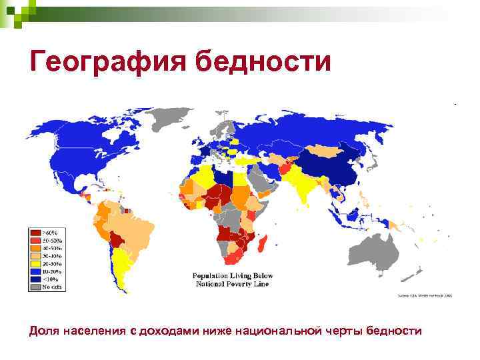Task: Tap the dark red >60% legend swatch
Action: tap(34, 232)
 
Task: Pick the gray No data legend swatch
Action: tap(34, 287)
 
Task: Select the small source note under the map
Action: tap(425, 296)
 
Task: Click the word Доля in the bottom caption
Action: tap(43, 331)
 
